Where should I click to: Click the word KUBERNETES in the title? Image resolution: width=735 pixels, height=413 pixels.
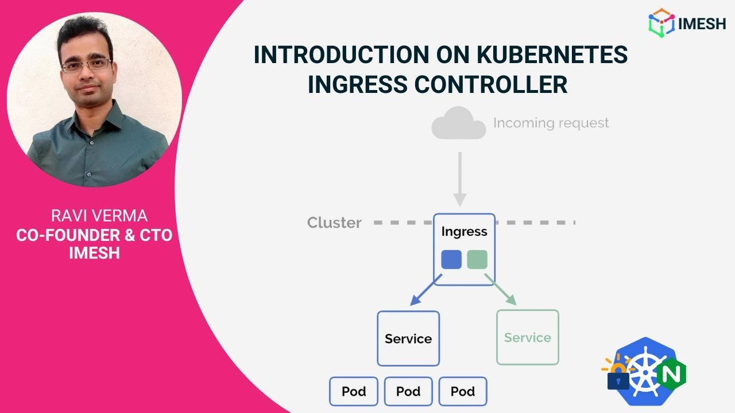click(x=553, y=55)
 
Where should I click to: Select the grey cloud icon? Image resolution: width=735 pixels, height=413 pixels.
click(x=458, y=123)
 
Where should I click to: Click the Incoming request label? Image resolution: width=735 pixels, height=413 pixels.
click(x=551, y=123)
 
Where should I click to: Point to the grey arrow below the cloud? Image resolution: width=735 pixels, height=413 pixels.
click(x=459, y=178)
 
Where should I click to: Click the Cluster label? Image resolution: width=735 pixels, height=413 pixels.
click(x=334, y=223)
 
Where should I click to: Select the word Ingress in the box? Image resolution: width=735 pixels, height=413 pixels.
click(x=464, y=232)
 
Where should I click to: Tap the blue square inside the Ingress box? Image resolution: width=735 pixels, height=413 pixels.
click(x=451, y=259)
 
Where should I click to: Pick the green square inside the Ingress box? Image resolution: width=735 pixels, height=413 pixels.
click(x=477, y=259)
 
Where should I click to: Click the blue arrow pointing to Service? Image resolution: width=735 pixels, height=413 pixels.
click(x=426, y=290)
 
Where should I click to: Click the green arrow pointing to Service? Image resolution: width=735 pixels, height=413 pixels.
click(x=501, y=290)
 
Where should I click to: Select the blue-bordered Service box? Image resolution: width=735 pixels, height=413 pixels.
click(x=408, y=338)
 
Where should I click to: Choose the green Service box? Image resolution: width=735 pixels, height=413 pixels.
click(x=527, y=337)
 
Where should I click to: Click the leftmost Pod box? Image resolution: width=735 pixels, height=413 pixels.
click(x=354, y=391)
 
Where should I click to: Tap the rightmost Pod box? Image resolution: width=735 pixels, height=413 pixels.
click(x=463, y=391)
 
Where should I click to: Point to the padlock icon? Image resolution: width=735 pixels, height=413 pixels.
click(x=618, y=376)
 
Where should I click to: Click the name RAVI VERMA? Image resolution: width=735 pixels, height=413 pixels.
click(x=99, y=216)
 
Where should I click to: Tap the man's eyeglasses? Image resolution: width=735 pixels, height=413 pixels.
click(x=86, y=65)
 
